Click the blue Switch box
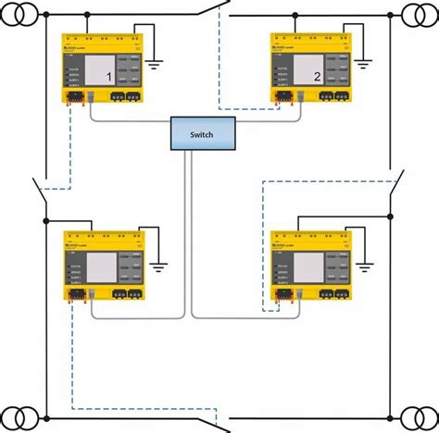click(202, 134)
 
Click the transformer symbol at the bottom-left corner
click(18, 416)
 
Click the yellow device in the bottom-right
click(309, 267)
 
